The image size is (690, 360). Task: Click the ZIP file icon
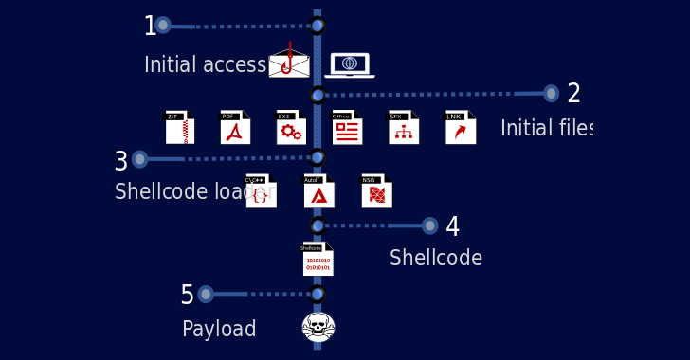180,127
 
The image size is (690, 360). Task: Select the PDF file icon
235,127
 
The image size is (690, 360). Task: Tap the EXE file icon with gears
291,127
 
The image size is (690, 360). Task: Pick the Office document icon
347,127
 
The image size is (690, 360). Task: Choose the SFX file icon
404,127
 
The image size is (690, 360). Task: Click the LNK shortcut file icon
461,127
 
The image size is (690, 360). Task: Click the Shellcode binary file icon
318,259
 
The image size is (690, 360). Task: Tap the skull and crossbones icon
318,327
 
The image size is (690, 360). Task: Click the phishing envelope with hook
289,62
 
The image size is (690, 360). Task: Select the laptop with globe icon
350,64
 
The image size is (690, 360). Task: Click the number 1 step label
150,27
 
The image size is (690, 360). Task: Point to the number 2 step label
573,94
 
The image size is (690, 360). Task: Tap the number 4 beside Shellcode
452,227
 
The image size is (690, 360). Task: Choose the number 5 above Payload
187,296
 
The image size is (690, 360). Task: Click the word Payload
219,330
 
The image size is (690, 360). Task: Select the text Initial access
205,65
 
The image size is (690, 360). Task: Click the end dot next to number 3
140,159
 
